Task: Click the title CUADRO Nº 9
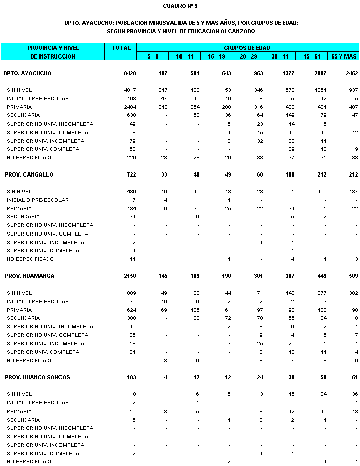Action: pos(180,6)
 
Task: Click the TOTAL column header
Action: pos(122,48)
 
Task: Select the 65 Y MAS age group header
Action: pos(344,56)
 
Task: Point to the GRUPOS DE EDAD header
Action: pos(247,47)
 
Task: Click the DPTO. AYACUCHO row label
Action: pos(27,73)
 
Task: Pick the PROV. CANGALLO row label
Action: pos(29,174)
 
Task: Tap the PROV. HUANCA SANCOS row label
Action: pos(37,377)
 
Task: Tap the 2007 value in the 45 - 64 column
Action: pos(320,73)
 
